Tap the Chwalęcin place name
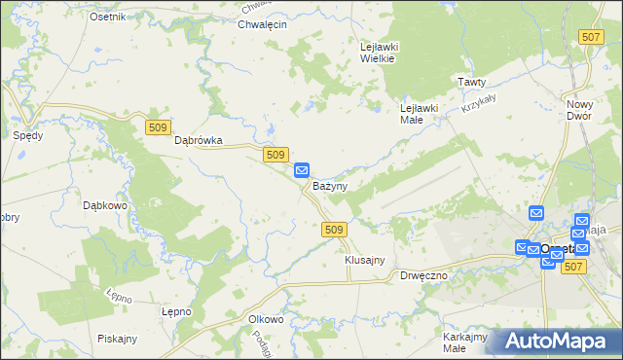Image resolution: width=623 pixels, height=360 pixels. click(262, 24)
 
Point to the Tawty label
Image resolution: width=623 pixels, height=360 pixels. click(472, 83)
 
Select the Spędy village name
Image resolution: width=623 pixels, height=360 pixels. click(27, 135)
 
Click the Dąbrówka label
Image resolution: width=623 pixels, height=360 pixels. click(199, 140)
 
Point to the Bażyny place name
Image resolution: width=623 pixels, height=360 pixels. click(330, 185)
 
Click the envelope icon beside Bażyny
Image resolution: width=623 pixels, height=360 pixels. click(302, 169)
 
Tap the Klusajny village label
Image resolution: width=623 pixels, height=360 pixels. click(365, 260)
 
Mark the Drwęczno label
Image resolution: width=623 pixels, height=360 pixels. click(423, 275)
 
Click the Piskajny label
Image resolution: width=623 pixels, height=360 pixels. click(117, 339)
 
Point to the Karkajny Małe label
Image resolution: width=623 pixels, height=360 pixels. click(464, 342)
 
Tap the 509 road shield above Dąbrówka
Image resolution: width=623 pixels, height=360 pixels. click(159, 126)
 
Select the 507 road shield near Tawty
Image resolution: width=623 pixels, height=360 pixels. click(590, 37)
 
